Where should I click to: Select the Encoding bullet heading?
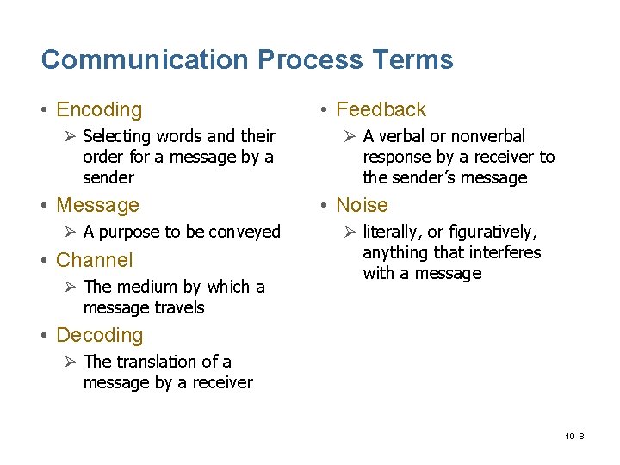coord(98,109)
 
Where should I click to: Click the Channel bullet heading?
coord(94,260)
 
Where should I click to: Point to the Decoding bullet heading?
coord(99,335)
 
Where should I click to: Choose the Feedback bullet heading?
coord(381,109)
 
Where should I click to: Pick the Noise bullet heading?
coord(362,205)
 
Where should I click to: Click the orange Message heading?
coord(96,205)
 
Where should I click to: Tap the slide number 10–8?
coord(574,437)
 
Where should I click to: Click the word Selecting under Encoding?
coord(116,136)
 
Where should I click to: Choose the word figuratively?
coord(492,232)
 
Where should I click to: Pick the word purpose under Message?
coord(128,232)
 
